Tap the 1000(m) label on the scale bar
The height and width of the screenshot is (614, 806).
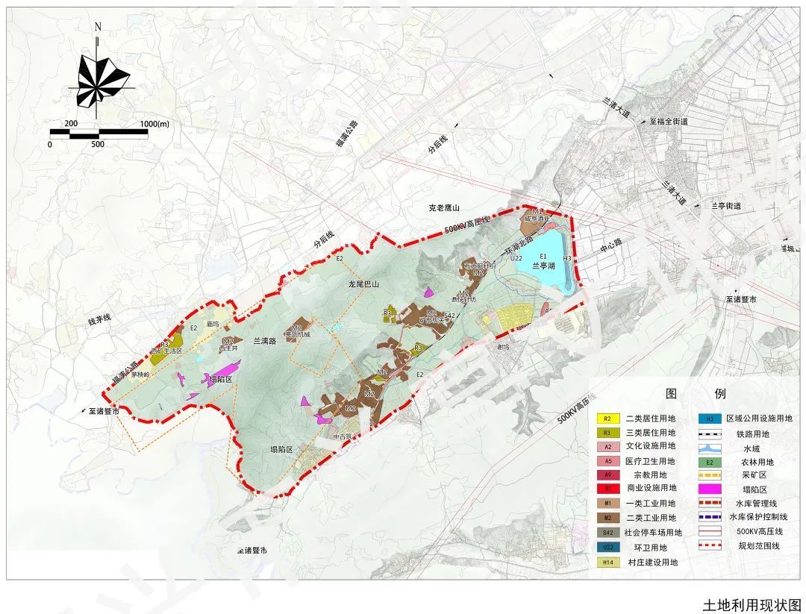point(154,123)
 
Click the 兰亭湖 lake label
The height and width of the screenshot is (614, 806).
point(546,265)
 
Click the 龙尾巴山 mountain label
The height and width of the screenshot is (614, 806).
point(363,284)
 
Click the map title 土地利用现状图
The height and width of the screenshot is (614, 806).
point(752,604)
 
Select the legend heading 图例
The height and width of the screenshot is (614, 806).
point(694,394)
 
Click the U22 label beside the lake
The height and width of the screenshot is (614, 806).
point(516,258)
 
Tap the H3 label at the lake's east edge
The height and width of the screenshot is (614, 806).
point(567,258)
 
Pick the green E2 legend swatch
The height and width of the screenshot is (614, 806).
point(710,461)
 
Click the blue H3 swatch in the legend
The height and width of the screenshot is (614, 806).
point(710,419)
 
